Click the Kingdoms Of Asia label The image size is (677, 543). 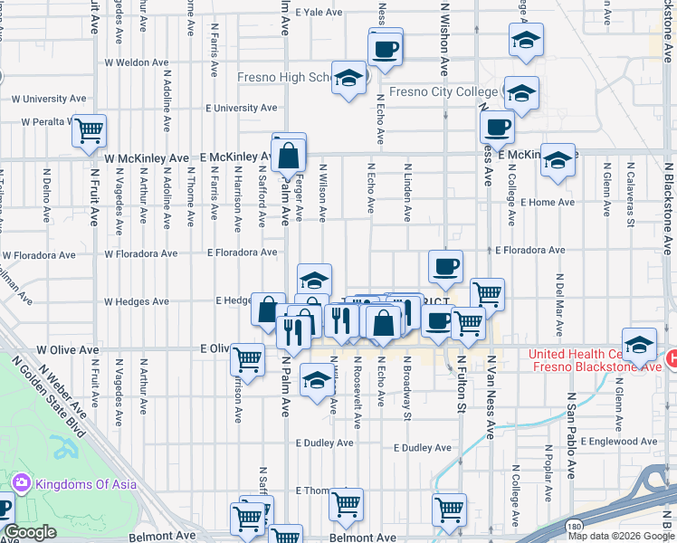86,484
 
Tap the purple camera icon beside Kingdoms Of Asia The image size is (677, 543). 23,484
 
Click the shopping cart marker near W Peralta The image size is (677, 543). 90,132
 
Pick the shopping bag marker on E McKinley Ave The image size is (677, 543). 289,156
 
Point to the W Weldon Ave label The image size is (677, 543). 137,63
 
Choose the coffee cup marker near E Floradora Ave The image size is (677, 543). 445,267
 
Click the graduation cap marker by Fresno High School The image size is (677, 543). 348,78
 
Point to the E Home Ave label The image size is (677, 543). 548,203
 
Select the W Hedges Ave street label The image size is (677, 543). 137,301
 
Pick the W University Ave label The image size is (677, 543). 46,98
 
